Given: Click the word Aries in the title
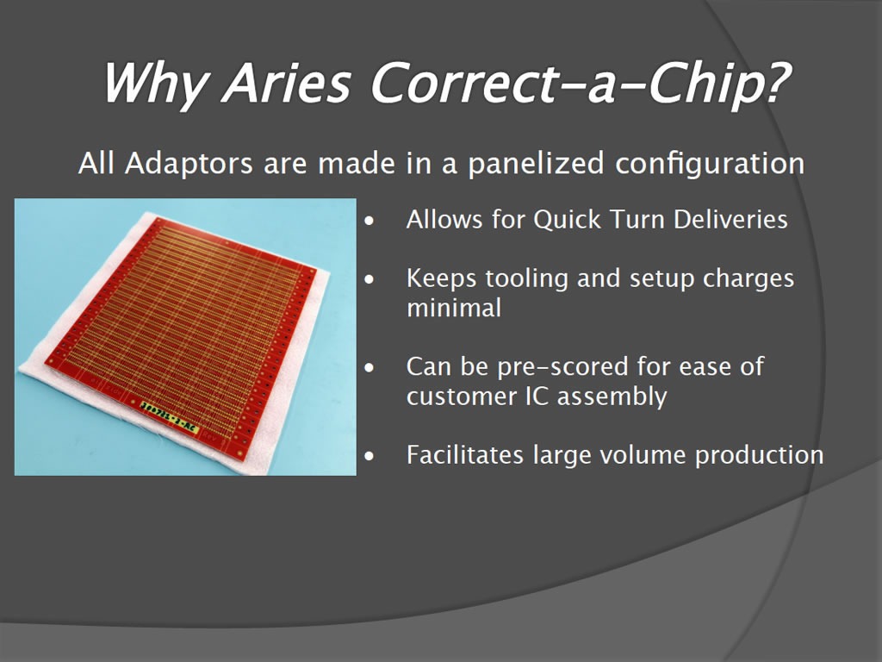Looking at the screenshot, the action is pyautogui.click(x=286, y=83).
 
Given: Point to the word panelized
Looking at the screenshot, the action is pyautogui.click(x=536, y=164).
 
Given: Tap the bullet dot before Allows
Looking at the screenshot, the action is pyautogui.click(x=369, y=222).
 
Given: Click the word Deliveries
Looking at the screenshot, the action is pyautogui.click(x=730, y=219).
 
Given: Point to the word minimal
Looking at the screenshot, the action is pyautogui.click(x=453, y=308).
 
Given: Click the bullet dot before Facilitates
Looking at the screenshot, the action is pyautogui.click(x=369, y=456).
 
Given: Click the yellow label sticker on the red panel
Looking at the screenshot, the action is pyautogui.click(x=170, y=417).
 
